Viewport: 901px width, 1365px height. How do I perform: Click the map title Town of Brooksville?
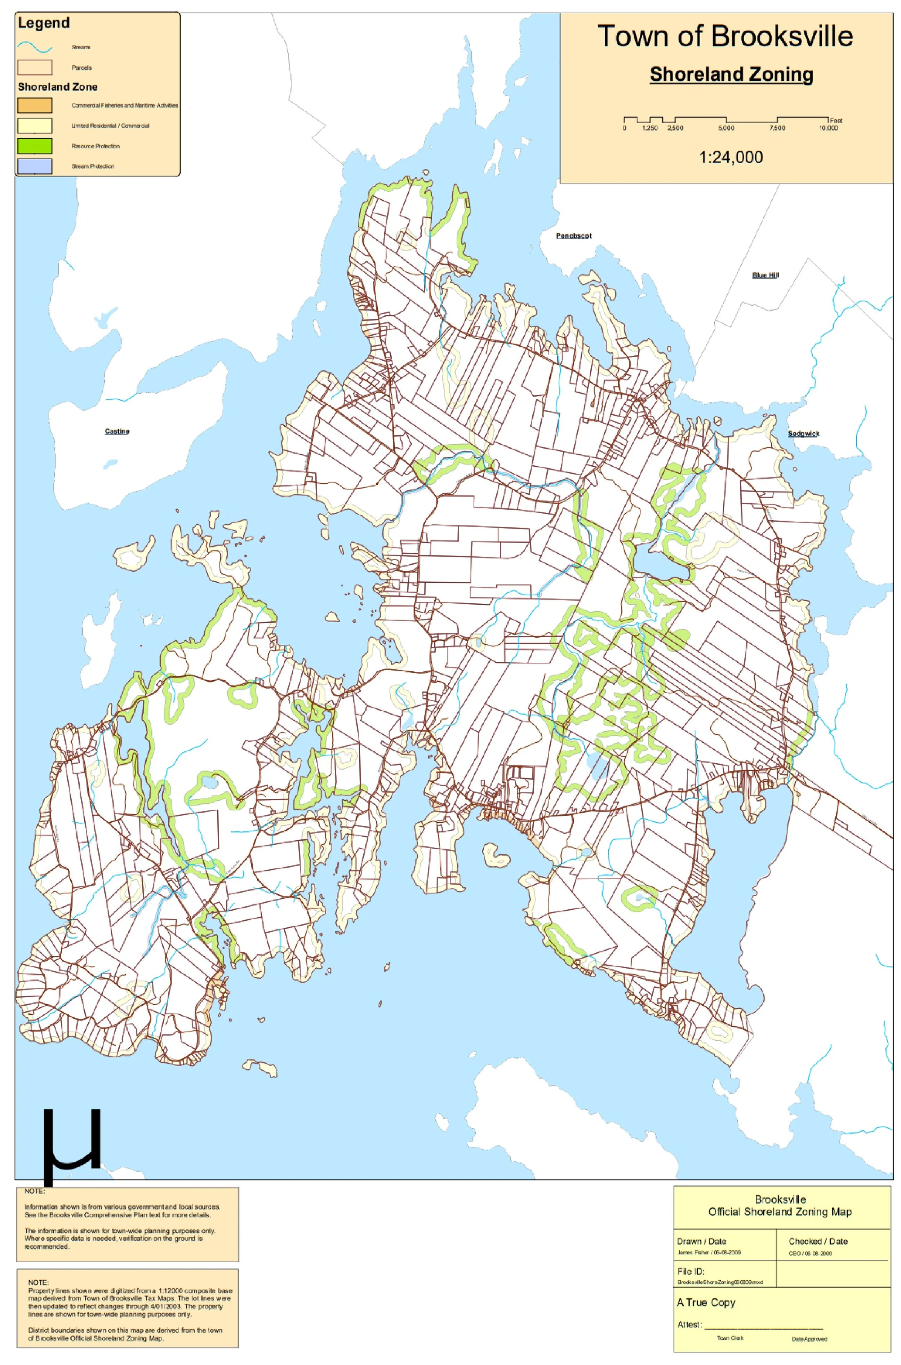pos(725,36)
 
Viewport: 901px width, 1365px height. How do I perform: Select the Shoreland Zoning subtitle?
pos(731,74)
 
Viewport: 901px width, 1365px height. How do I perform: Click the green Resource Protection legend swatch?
pos(35,146)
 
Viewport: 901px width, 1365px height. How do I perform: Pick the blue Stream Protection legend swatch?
pos(35,166)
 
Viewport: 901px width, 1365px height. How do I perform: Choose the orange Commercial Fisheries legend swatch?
pos(35,105)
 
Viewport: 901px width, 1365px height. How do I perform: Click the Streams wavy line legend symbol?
pos(35,47)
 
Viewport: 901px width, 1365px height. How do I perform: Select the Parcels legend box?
pos(35,68)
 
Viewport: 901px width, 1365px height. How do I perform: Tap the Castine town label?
pos(117,431)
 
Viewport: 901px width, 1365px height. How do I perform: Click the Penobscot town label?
pos(573,236)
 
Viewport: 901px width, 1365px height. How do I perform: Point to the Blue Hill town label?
pos(765,275)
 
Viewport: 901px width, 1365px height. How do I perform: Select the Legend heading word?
pos(44,23)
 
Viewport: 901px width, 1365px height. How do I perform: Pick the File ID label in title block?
pos(691,1271)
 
